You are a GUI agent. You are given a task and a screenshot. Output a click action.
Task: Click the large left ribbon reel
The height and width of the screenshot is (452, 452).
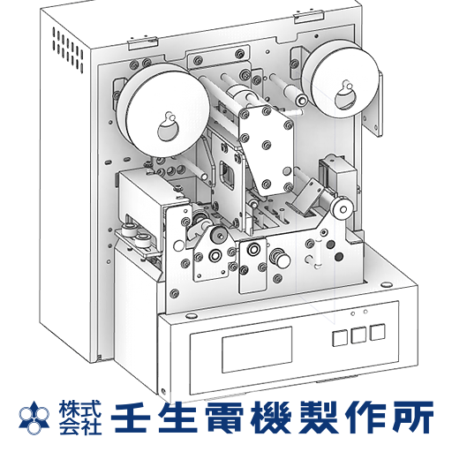click(x=162, y=110)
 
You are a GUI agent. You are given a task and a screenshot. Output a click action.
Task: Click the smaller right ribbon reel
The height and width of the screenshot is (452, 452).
click(x=341, y=79)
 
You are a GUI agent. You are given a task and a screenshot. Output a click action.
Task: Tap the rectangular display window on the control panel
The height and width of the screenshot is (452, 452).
click(x=257, y=349)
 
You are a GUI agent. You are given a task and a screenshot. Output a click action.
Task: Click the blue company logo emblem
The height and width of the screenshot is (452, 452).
click(x=34, y=418)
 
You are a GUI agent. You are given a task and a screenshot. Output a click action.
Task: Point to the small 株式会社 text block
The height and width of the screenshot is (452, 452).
click(x=80, y=418)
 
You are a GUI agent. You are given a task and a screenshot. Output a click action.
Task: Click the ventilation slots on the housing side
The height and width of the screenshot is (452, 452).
click(x=68, y=50)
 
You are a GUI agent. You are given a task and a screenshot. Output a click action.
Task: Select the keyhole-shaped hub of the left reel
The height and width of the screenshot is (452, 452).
click(x=169, y=127)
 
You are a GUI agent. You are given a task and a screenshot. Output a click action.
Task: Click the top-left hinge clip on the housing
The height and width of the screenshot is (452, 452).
click(x=143, y=42)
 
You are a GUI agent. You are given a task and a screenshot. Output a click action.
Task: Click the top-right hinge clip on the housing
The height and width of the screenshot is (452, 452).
click(x=309, y=17)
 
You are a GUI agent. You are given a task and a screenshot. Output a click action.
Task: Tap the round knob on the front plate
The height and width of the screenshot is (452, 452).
click(x=280, y=258)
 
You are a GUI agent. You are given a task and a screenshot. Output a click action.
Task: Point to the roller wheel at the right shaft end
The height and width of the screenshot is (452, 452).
click(x=342, y=209)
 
